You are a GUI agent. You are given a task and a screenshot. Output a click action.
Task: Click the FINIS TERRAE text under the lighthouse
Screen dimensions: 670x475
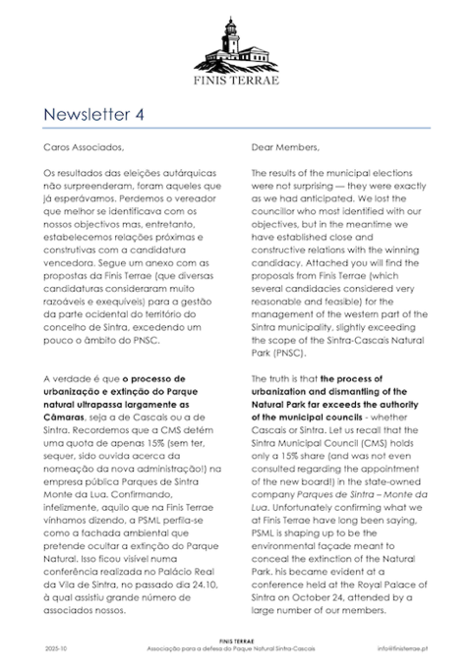[236, 81]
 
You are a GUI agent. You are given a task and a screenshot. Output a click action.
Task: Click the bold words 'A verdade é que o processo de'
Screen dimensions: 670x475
[103, 403]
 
